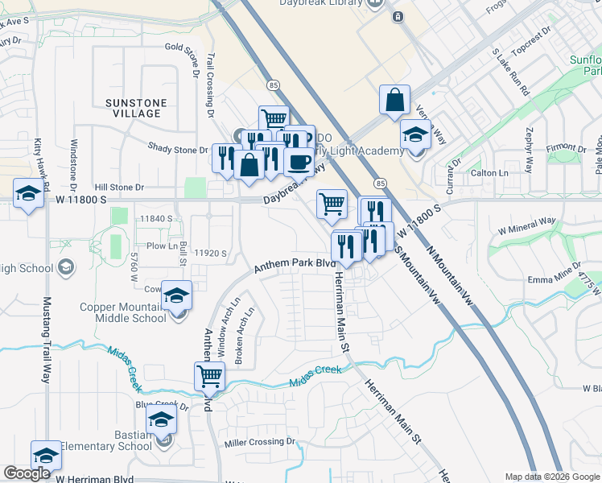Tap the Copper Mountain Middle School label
pyautogui.click(x=123, y=312)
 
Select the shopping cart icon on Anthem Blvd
pyautogui.click(x=209, y=374)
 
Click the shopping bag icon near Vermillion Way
pyautogui.click(x=394, y=101)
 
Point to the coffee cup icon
pyautogui.click(x=299, y=161)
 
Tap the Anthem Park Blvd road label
pyautogui.click(x=295, y=264)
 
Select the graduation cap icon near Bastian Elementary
pyautogui.click(x=161, y=419)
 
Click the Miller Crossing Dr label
pyautogui.click(x=260, y=442)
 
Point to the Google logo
pyautogui.click(x=27, y=473)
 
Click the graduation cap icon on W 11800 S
pyautogui.click(x=28, y=195)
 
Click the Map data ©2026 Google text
pyautogui.click(x=550, y=477)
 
